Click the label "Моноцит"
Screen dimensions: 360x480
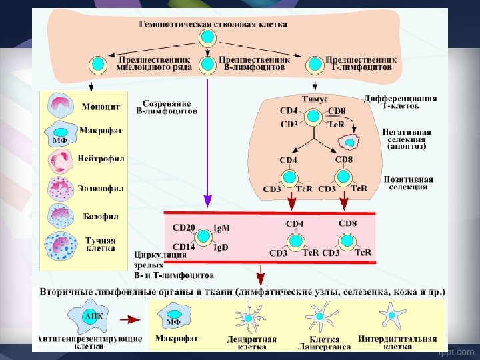pyautogui.click(x=101, y=107)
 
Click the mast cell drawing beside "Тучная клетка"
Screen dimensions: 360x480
pyautogui.click(x=61, y=245)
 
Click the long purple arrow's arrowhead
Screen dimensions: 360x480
pyautogui.click(x=208, y=199)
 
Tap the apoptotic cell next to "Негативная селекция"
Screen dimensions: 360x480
pyautogui.click(x=349, y=141)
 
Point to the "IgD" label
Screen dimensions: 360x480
pyautogui.click(x=221, y=247)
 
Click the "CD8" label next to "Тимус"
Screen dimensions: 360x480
pyautogui.click(x=337, y=111)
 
